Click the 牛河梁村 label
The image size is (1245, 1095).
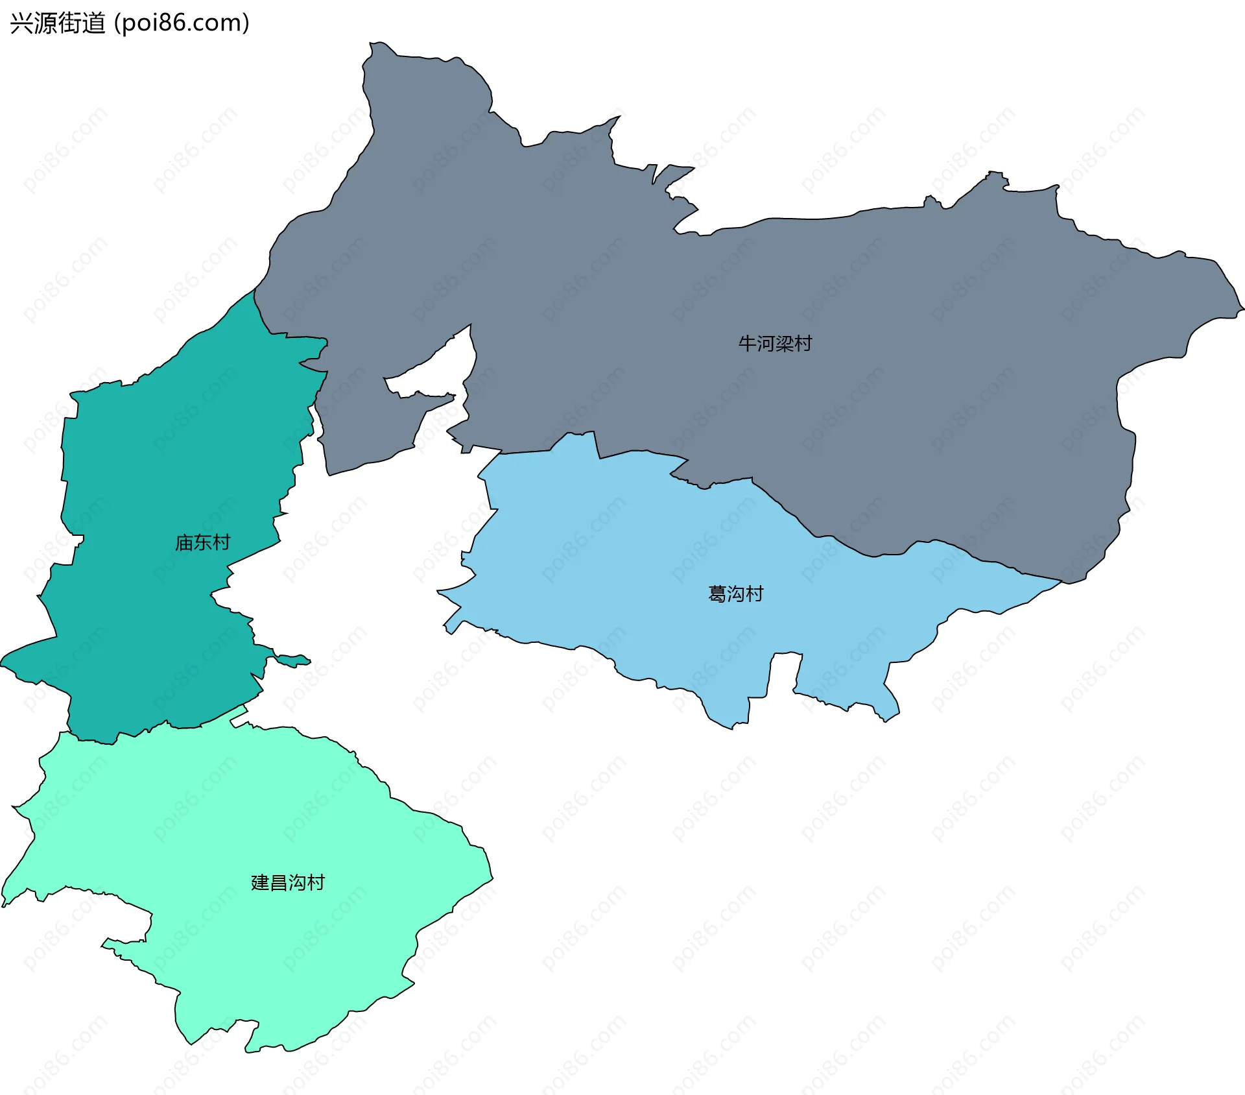coord(775,343)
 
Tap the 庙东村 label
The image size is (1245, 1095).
coord(202,542)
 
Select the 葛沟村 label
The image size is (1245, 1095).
coord(735,594)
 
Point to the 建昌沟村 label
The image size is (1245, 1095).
coord(287,882)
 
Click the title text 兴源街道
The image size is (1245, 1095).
coord(58,23)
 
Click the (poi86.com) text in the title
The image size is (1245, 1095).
coord(182,23)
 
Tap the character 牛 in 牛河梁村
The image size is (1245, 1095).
coord(748,343)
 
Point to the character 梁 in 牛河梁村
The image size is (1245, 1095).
coord(785,343)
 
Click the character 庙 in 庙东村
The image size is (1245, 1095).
coord(184,542)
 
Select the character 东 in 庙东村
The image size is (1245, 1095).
coord(202,542)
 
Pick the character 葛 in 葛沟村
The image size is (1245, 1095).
coord(717,594)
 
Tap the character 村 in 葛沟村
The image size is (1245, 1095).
coord(754,594)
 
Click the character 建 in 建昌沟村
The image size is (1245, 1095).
coord(260,882)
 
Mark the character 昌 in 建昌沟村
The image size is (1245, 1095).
coord(278,882)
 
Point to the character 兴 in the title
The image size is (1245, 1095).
coord(21,23)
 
